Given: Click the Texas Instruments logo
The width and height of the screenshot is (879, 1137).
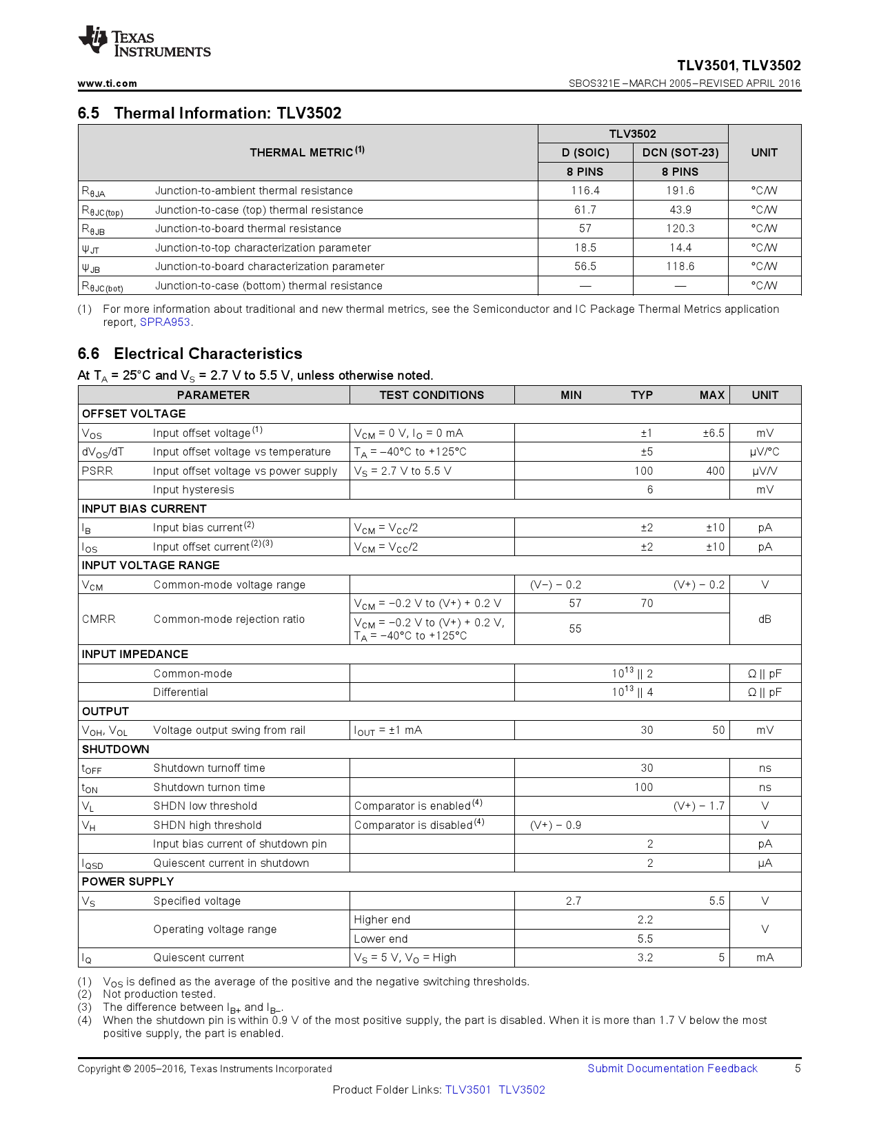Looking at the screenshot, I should click(x=143, y=42).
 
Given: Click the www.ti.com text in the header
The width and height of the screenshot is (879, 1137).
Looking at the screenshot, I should click(x=107, y=83).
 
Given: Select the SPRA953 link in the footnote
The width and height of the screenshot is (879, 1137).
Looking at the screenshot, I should click(x=165, y=322).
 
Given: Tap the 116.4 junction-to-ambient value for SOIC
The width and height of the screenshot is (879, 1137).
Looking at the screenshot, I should click(x=585, y=191).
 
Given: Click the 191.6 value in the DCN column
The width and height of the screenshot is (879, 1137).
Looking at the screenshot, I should click(x=680, y=191).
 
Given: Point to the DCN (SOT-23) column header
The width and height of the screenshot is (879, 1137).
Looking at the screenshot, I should click(x=680, y=153).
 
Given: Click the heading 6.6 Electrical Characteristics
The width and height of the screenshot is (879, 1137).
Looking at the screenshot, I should click(x=190, y=354).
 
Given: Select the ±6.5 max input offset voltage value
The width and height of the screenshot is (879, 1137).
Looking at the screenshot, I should click(x=713, y=433).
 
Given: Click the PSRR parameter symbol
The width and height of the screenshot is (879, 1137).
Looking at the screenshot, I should click(x=97, y=471).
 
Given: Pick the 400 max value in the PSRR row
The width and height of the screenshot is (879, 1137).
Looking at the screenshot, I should click(x=715, y=471).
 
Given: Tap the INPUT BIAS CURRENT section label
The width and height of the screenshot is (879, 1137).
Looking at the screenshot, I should click(x=144, y=509).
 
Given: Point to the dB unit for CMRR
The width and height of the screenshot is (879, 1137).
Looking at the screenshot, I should click(x=765, y=619).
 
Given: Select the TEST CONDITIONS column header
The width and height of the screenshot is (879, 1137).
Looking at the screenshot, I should click(x=432, y=396).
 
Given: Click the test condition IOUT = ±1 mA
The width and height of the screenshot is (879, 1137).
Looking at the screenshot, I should click(x=387, y=730).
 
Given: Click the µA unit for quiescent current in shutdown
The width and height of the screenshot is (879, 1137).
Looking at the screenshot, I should click(x=765, y=863).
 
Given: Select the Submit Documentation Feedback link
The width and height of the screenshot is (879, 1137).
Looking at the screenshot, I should click(x=672, y=1069).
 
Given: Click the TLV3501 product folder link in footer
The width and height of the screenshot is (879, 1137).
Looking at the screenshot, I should click(x=467, y=1090).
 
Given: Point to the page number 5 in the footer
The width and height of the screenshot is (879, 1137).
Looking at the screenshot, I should click(x=798, y=1069).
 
